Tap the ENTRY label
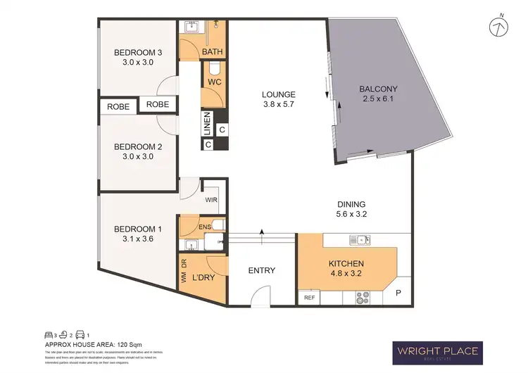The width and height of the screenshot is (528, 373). (x=261, y=270)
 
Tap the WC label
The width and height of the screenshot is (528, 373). (x=214, y=82)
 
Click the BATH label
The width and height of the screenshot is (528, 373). (x=212, y=53)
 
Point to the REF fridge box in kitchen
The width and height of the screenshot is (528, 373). (x=310, y=298)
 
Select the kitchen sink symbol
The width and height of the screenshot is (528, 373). (x=363, y=240)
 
